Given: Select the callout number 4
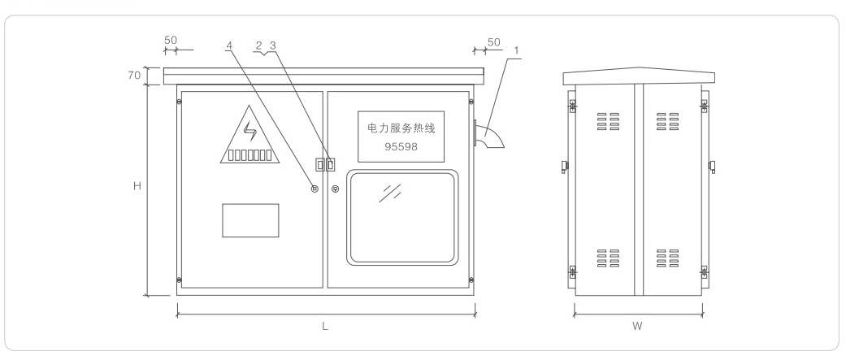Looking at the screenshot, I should click(229, 45).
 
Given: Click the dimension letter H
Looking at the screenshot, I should click(137, 186).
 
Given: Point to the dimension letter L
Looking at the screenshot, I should click(325, 326).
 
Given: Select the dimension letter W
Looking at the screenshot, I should click(639, 326).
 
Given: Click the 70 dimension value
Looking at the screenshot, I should click(135, 76).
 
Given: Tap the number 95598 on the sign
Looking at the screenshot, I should click(401, 147).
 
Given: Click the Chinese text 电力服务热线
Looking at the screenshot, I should click(401, 128).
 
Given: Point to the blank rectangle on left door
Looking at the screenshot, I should click(250, 220).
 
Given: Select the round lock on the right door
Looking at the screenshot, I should click(336, 189).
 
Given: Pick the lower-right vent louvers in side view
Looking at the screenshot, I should click(668, 259).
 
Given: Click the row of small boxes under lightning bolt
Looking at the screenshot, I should click(249, 154).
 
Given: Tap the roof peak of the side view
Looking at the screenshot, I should click(639, 68).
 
